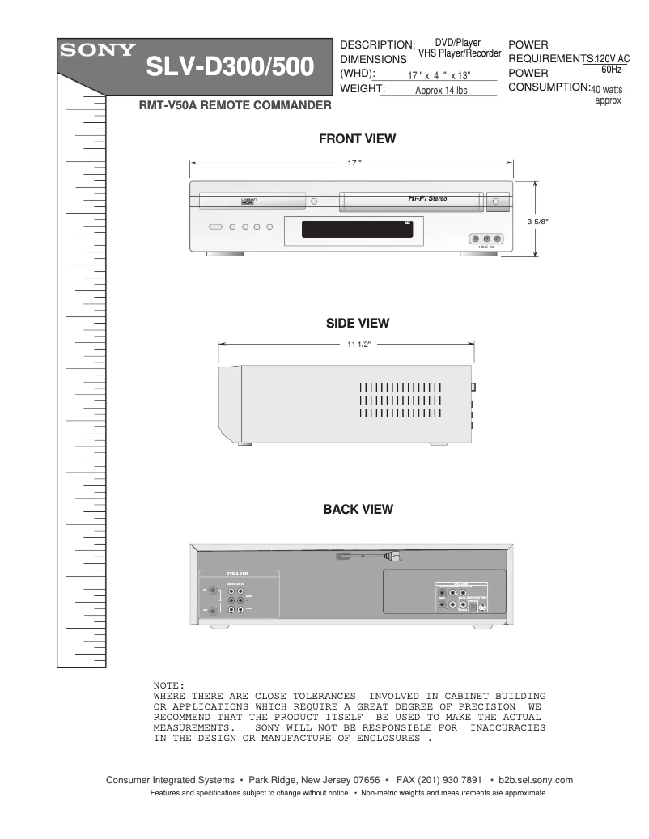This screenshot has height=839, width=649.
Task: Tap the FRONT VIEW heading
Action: click(x=357, y=139)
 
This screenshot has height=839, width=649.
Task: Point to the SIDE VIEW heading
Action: click(x=357, y=324)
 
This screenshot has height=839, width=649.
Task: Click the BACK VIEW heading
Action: click(x=358, y=510)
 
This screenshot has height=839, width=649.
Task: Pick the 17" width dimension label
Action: click(x=353, y=163)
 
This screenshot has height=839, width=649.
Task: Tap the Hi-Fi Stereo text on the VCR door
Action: click(x=427, y=198)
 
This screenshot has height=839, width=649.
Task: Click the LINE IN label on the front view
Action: click(x=486, y=248)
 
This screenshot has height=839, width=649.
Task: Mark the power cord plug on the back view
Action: click(x=395, y=557)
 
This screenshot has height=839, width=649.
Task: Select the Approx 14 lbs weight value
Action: click(x=441, y=91)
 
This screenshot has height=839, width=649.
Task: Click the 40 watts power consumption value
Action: click(x=607, y=90)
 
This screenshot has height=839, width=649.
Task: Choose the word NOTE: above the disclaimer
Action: click(x=169, y=685)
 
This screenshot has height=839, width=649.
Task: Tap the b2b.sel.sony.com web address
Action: click(x=536, y=780)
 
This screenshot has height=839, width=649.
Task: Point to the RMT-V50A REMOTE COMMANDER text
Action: click(x=235, y=105)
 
